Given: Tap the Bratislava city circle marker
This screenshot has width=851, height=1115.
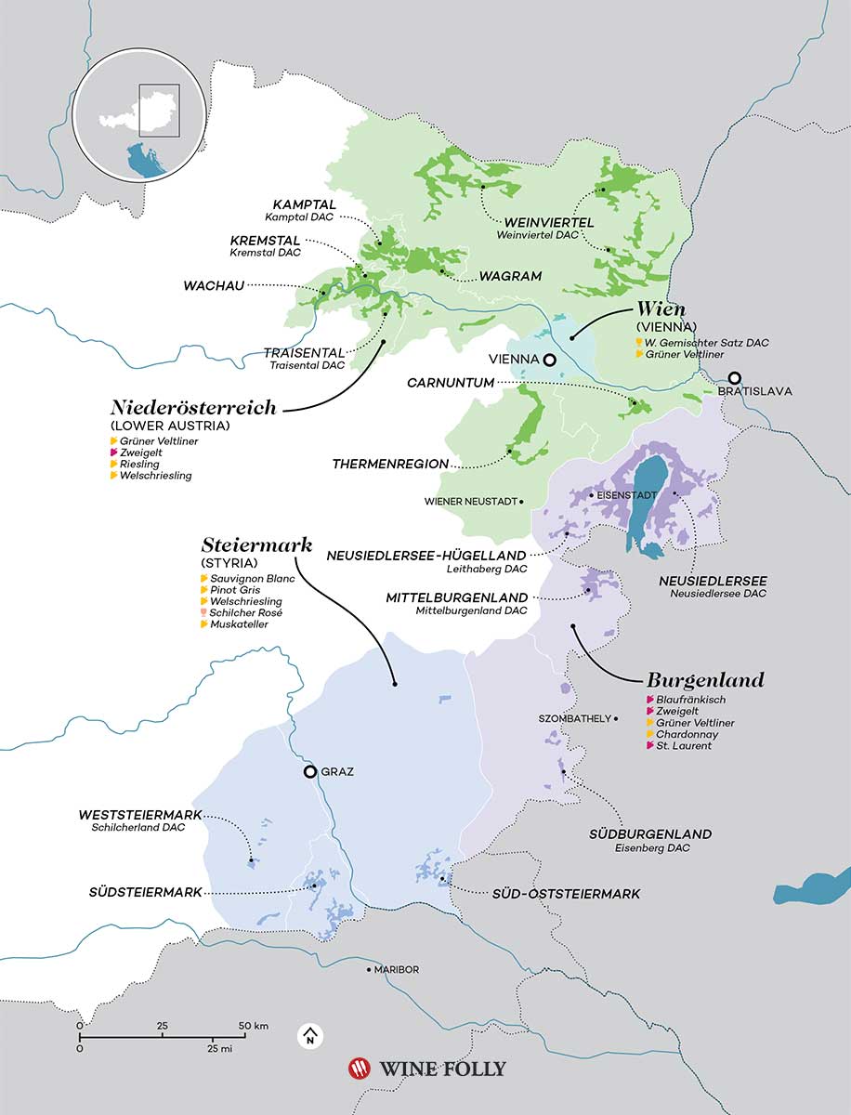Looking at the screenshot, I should pyautogui.click(x=735, y=378).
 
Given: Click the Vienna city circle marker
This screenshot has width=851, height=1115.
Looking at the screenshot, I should pyautogui.click(x=550, y=360).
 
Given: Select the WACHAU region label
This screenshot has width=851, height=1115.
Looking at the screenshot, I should pyautogui.click(x=215, y=286).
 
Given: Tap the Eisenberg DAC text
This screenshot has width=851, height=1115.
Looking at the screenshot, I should pyautogui.click(x=649, y=848).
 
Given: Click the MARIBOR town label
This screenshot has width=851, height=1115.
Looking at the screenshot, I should pyautogui.click(x=396, y=970).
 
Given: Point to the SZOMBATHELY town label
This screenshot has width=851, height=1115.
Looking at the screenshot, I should pyautogui.click(x=574, y=718).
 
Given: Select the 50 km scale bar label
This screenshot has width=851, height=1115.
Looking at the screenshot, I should pyautogui.click(x=252, y=1026).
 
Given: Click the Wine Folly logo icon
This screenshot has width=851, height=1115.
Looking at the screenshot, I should pyautogui.click(x=358, y=1069).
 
